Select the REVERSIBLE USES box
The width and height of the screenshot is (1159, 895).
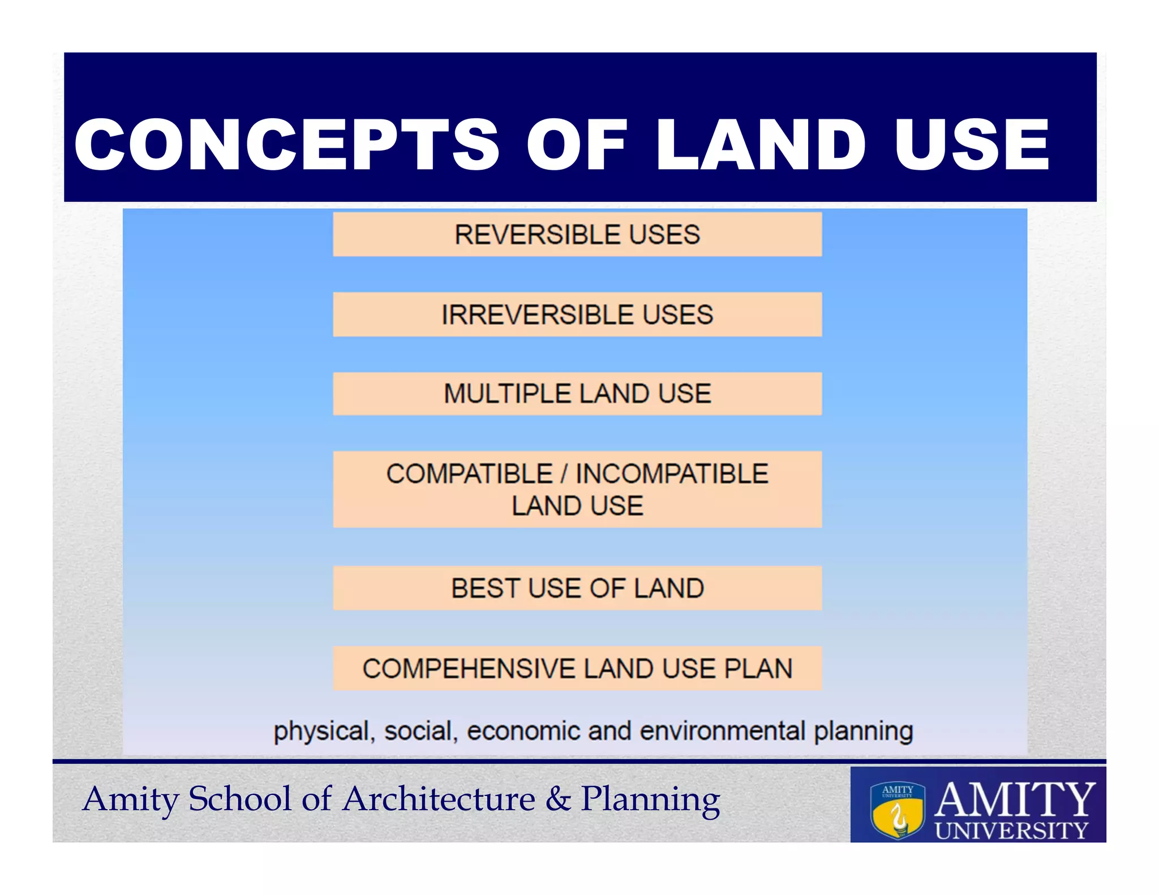577,234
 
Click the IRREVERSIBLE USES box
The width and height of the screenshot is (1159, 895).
577,315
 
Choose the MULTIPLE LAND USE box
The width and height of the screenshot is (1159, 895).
577,394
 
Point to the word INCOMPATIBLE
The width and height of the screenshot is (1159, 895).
672,474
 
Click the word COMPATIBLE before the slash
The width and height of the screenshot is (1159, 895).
469,474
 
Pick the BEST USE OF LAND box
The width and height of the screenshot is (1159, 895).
577,588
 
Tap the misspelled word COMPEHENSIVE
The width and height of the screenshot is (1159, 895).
469,669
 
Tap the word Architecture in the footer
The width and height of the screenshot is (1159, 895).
439,799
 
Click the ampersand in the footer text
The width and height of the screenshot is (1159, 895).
558,799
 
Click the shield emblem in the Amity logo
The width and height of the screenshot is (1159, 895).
898,811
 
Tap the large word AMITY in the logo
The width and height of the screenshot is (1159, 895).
1014,799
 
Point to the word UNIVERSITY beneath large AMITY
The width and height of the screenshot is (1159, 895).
1011,831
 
